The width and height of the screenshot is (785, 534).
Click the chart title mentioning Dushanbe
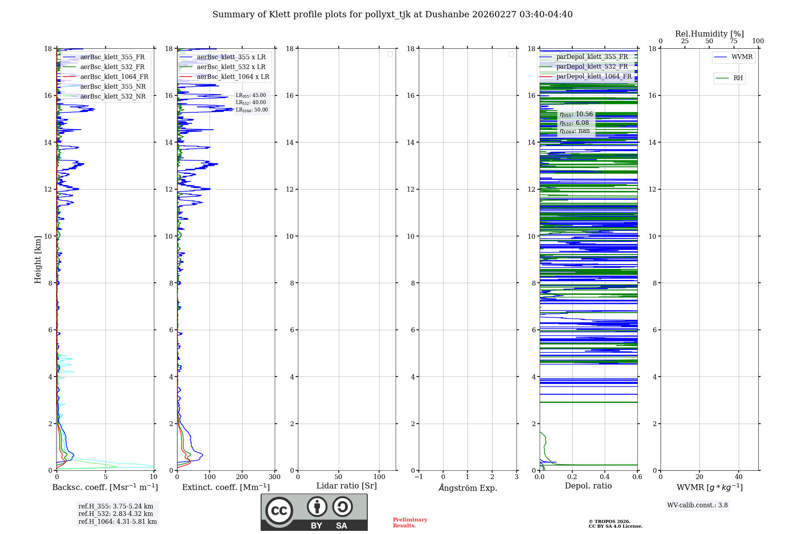click(x=392, y=15)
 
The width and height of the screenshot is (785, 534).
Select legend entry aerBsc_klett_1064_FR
click(x=114, y=77)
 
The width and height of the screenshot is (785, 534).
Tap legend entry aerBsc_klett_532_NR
click(x=113, y=97)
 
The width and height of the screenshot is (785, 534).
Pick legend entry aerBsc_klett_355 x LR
click(x=231, y=57)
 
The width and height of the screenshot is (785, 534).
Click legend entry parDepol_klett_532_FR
click(x=592, y=67)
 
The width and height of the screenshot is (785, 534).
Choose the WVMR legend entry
click(x=742, y=57)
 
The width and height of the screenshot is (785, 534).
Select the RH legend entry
click(x=738, y=78)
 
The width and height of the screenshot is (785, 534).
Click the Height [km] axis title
click(x=38, y=260)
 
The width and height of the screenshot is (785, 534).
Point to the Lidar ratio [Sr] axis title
click(x=347, y=486)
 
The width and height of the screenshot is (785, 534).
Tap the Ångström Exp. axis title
click(x=468, y=488)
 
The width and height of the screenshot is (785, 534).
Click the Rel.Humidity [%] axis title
click(x=709, y=34)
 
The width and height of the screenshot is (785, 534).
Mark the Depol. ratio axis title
click(x=588, y=486)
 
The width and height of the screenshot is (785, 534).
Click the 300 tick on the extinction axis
click(x=275, y=477)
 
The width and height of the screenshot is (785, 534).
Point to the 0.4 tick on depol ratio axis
click(x=605, y=477)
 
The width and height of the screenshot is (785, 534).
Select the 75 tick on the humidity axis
click(x=734, y=41)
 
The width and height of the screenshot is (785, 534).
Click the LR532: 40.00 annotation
click(x=251, y=102)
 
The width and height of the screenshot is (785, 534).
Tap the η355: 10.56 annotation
click(x=576, y=114)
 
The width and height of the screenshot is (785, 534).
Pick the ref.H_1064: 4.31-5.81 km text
click(x=117, y=522)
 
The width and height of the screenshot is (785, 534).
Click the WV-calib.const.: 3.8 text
click(x=697, y=505)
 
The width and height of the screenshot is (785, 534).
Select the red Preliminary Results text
click(x=410, y=523)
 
